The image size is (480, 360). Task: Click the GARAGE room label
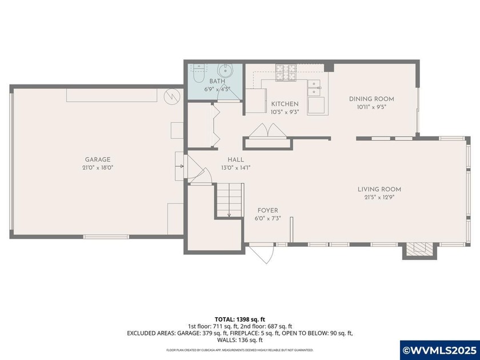coord(98,159)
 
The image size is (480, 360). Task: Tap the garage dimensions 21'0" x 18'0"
coord(98,167)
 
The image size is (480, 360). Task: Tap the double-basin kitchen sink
coord(315,87)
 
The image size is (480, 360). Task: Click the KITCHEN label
coord(285,103)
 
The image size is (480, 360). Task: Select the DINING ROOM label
coord(371,99)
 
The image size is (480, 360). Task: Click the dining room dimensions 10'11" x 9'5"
coord(371,107)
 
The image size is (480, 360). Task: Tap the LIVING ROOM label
coord(379,189)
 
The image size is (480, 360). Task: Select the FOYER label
coord(267,210)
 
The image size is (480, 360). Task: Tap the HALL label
coord(235,159)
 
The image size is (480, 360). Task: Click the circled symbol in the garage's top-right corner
coord(170,96)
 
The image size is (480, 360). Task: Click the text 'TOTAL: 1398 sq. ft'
coord(239,319)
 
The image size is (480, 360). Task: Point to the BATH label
coord(217,82)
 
